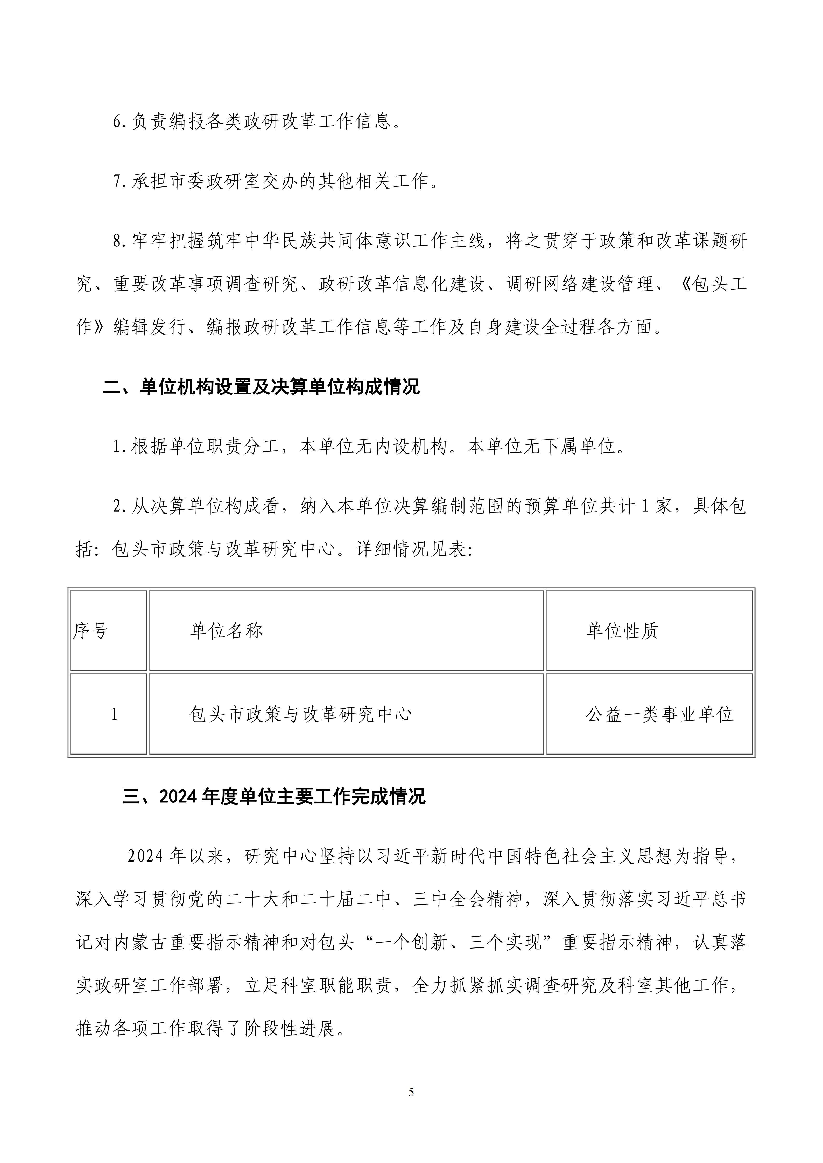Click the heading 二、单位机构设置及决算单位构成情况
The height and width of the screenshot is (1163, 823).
click(x=261, y=387)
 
